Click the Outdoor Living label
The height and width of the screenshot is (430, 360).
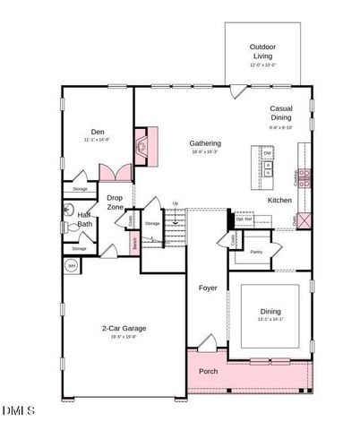(262, 51)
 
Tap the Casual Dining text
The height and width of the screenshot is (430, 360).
(281, 114)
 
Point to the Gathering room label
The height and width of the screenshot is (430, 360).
(205, 143)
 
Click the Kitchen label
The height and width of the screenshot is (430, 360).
(279, 200)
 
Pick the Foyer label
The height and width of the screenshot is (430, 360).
(209, 288)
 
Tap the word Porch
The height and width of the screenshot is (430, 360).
(209, 371)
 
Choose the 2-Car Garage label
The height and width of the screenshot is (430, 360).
(124, 328)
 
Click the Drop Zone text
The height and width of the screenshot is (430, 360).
(115, 202)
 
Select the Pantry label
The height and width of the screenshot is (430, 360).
(255, 252)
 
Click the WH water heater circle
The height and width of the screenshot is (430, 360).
(72, 266)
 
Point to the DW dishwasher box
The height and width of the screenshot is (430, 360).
(267, 153)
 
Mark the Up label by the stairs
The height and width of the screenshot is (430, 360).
(175, 202)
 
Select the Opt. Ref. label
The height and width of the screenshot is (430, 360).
(244, 219)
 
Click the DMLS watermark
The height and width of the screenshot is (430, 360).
(18, 410)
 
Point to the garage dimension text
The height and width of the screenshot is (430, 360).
(124, 338)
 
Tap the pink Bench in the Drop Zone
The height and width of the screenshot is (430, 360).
(134, 242)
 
